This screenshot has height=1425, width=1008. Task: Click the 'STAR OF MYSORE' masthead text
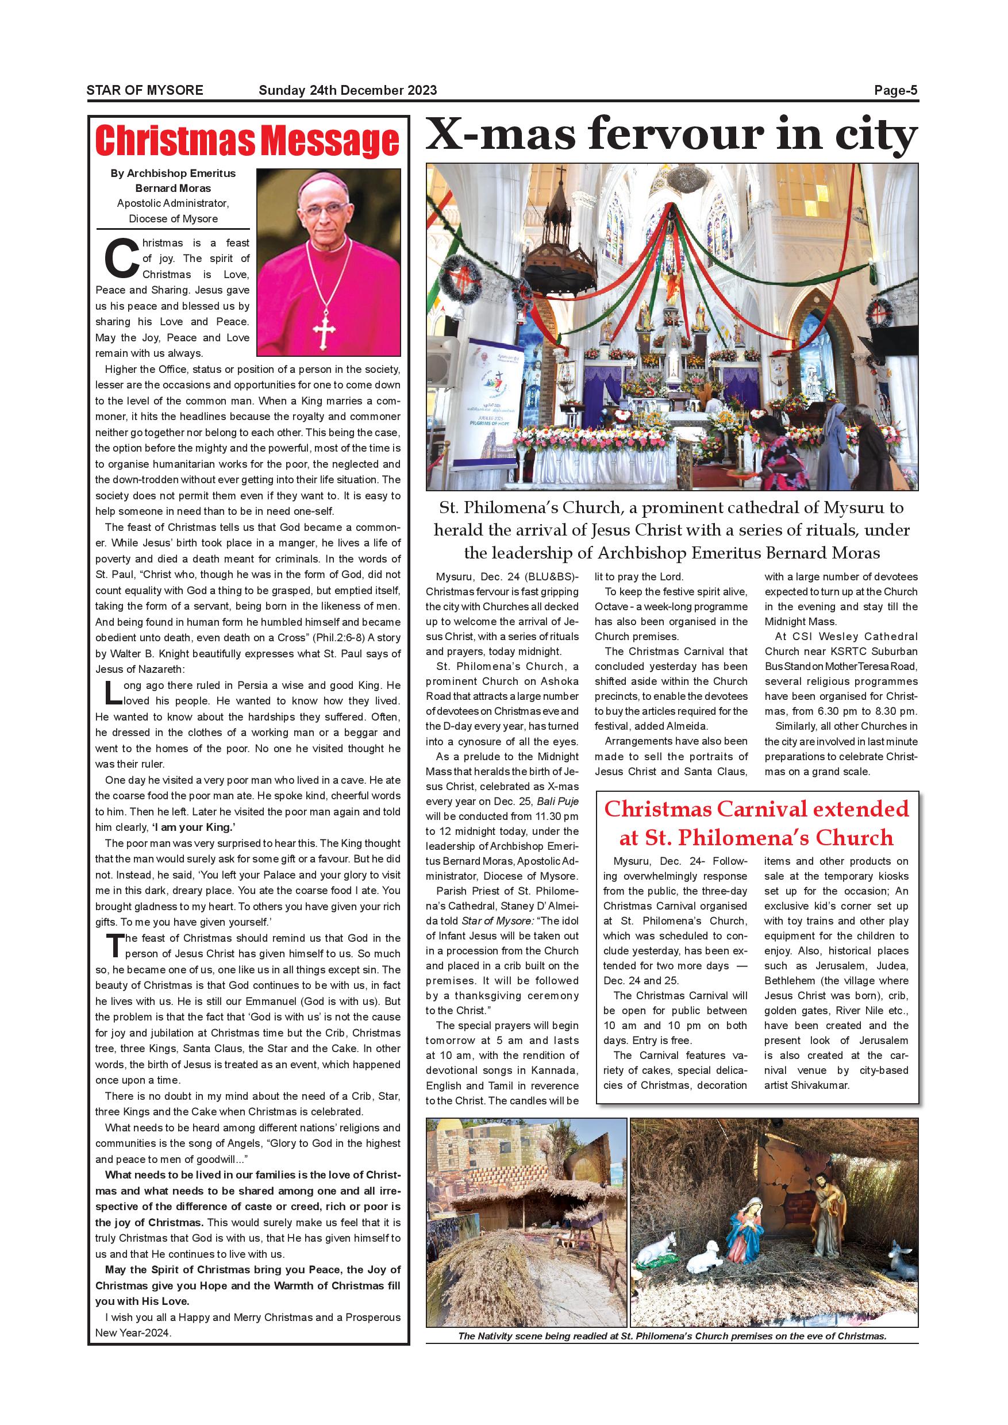pos(145,91)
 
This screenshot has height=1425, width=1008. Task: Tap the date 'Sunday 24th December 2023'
pos(348,91)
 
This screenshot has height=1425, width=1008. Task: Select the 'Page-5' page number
pos(895,91)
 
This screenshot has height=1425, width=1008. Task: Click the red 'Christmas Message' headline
pos(248,141)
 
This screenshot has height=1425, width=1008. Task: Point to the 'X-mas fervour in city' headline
pos(671,134)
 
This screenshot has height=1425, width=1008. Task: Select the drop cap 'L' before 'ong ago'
pos(111,692)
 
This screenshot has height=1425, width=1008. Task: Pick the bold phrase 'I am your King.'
pos(193,827)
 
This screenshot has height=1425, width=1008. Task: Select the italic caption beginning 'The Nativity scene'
pos(672,1337)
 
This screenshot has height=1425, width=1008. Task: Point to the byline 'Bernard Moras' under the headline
pos(173,188)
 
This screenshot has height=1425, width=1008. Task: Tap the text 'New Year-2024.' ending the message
pos(133,1332)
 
